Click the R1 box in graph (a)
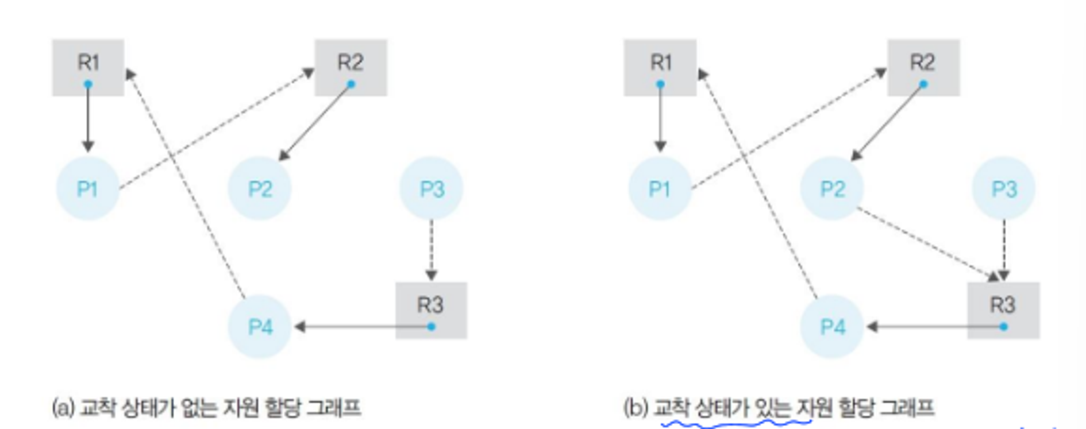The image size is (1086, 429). (88, 67)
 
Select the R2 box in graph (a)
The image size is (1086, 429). (351, 67)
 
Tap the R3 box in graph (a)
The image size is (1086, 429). (431, 310)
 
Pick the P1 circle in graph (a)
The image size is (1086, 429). (87, 188)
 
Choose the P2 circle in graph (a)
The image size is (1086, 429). (260, 188)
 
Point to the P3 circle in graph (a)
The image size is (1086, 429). (432, 188)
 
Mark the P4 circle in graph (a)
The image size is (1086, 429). (260, 326)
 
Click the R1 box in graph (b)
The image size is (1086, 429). (660, 67)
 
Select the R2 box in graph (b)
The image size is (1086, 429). (923, 67)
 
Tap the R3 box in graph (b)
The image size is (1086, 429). (1003, 310)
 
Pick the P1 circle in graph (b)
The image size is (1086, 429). (660, 188)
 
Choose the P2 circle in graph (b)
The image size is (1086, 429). (832, 188)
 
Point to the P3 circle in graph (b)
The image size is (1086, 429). (1004, 188)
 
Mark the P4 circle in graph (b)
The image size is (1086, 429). (832, 326)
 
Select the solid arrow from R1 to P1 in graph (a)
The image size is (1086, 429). (88, 118)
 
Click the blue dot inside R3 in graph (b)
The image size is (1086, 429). (1003, 326)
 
